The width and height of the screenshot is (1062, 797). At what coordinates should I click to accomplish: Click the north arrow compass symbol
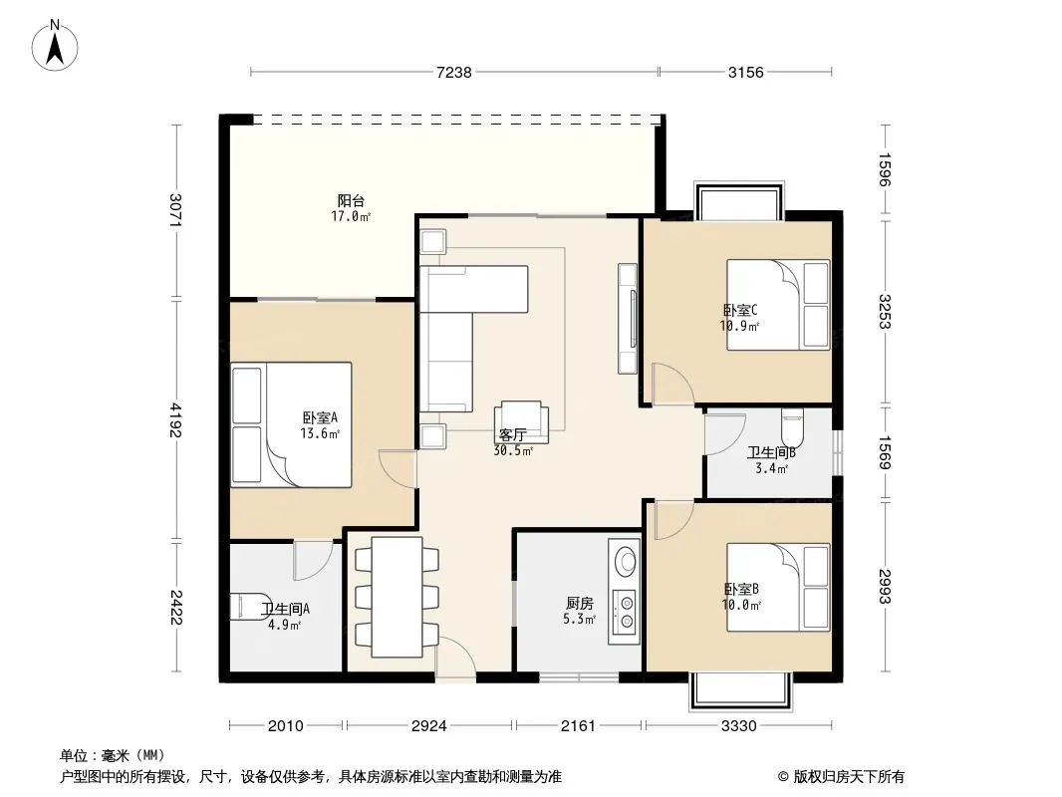pos(55,46)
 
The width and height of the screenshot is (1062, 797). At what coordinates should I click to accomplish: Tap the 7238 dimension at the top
pos(453,73)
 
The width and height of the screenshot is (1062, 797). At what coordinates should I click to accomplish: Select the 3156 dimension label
pos(746,73)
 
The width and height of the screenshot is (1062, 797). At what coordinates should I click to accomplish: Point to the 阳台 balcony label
pos(351,201)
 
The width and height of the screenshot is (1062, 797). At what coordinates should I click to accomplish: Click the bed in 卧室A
pos(291,424)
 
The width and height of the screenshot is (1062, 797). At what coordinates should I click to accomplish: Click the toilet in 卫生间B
pos(792,422)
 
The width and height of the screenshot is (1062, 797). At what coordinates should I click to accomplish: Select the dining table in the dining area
pos(397,597)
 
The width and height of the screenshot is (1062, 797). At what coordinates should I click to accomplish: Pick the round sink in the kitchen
pos(625,561)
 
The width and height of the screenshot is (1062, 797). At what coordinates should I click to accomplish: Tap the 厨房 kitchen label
pos(579,603)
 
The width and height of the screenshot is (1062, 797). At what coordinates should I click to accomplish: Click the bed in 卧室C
pos(778,305)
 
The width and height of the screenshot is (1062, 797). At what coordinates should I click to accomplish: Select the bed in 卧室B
pos(778,587)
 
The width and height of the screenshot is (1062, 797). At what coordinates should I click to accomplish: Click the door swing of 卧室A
pos(398,468)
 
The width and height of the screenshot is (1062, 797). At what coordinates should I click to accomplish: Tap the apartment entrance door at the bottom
pos(456,657)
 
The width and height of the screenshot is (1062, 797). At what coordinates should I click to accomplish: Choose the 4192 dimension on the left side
pos(176,419)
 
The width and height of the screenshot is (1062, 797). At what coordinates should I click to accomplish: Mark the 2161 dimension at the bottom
pos(578,726)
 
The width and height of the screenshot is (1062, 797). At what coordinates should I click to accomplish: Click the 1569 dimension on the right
pos(885,452)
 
